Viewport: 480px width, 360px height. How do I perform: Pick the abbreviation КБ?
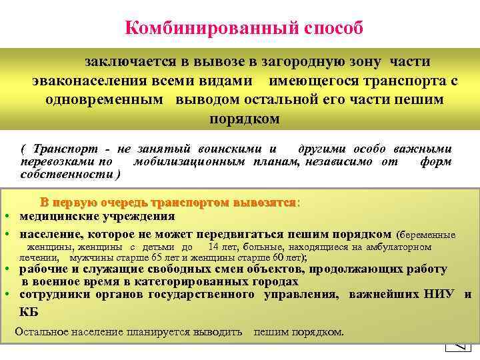pos(29,311)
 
